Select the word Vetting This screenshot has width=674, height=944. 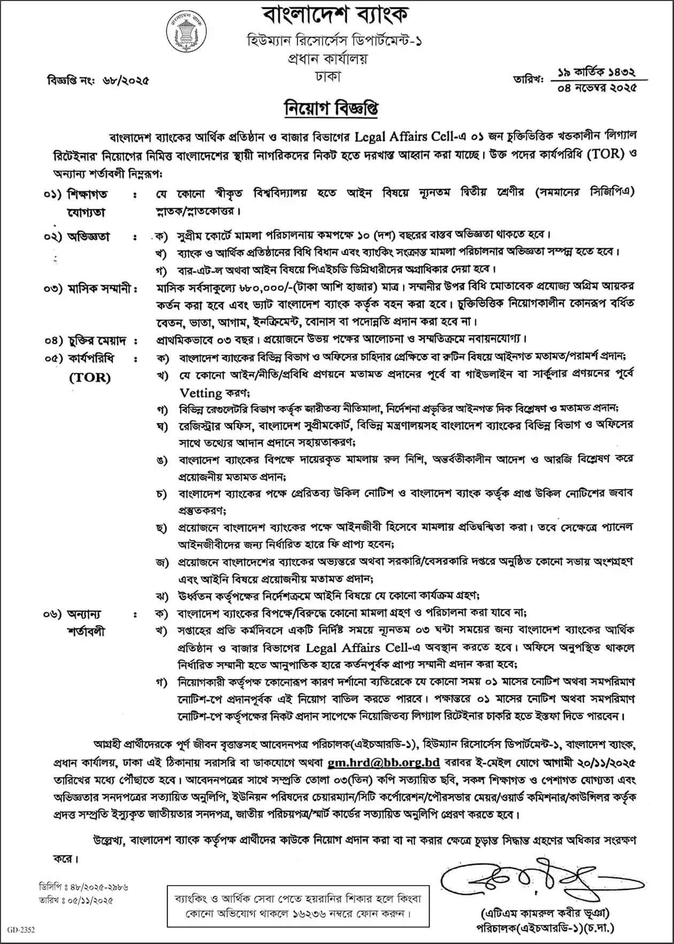(x=201, y=393)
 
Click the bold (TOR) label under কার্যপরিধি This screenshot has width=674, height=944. (x=90, y=377)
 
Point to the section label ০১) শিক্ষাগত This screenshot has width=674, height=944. (x=76, y=193)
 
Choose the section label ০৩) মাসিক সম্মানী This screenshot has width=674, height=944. (x=89, y=289)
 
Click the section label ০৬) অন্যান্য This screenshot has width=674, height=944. (x=73, y=614)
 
